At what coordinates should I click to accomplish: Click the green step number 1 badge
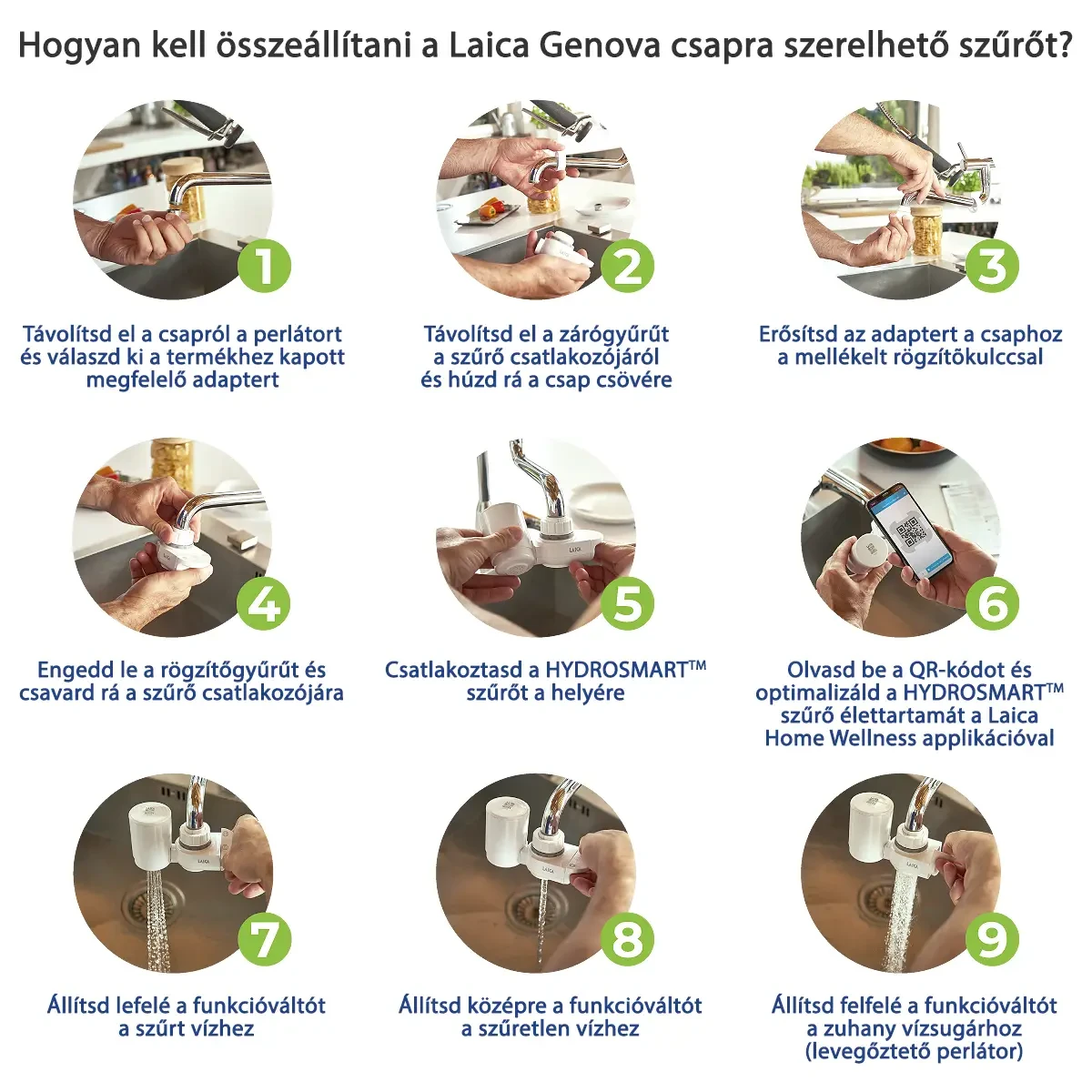[264, 267]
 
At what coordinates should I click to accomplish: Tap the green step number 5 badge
[627, 603]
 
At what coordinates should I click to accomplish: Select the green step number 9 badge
[992, 939]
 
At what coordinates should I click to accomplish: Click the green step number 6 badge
[992, 603]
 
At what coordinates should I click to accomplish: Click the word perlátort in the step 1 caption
[298, 334]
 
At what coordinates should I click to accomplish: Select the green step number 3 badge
[992, 267]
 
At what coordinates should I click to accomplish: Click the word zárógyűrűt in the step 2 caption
[616, 334]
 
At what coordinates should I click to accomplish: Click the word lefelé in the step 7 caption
[144, 1006]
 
